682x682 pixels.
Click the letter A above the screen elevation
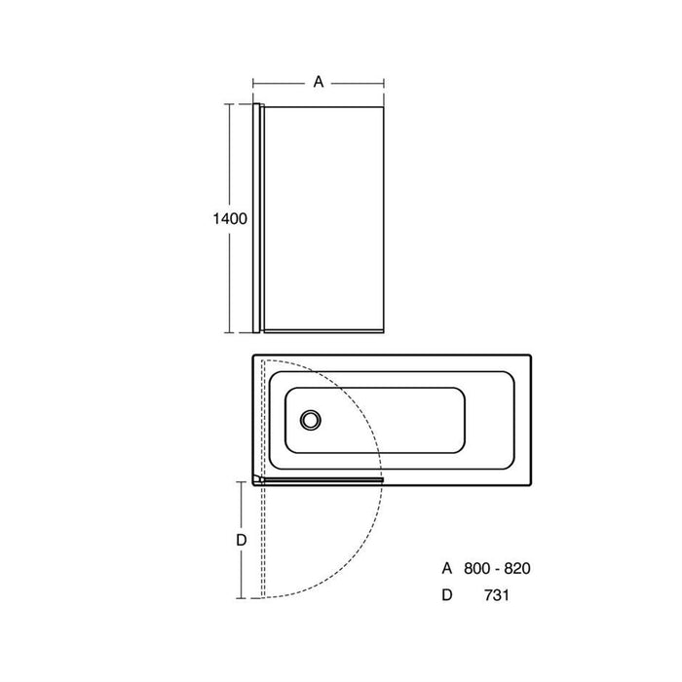(319, 83)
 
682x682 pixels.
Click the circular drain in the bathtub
(310, 420)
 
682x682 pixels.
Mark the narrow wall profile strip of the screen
(258, 214)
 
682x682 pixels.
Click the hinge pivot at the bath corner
(258, 479)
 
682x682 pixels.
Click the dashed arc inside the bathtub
(375, 390)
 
